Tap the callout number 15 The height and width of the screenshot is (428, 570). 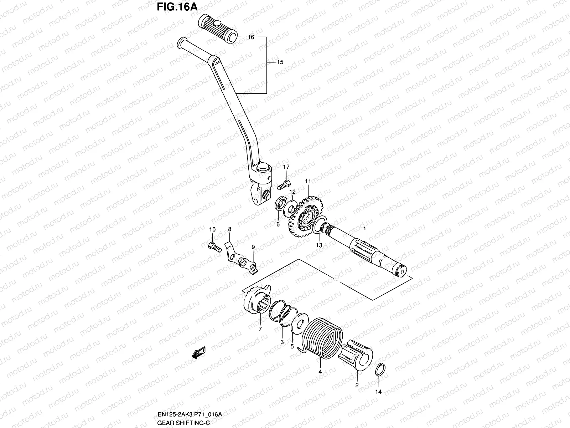290,62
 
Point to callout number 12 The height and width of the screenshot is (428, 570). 292,192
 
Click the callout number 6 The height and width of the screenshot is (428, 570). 278,224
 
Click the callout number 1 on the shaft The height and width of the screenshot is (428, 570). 364,228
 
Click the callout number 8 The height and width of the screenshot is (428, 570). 230,229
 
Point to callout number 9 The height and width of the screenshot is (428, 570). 253,247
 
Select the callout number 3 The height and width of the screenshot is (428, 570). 282,342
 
